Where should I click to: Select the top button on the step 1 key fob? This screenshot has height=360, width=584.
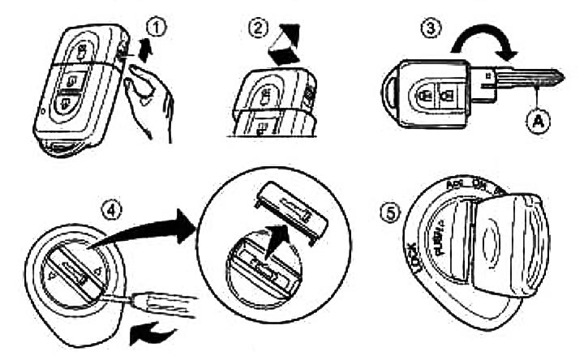click(x=84, y=54)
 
